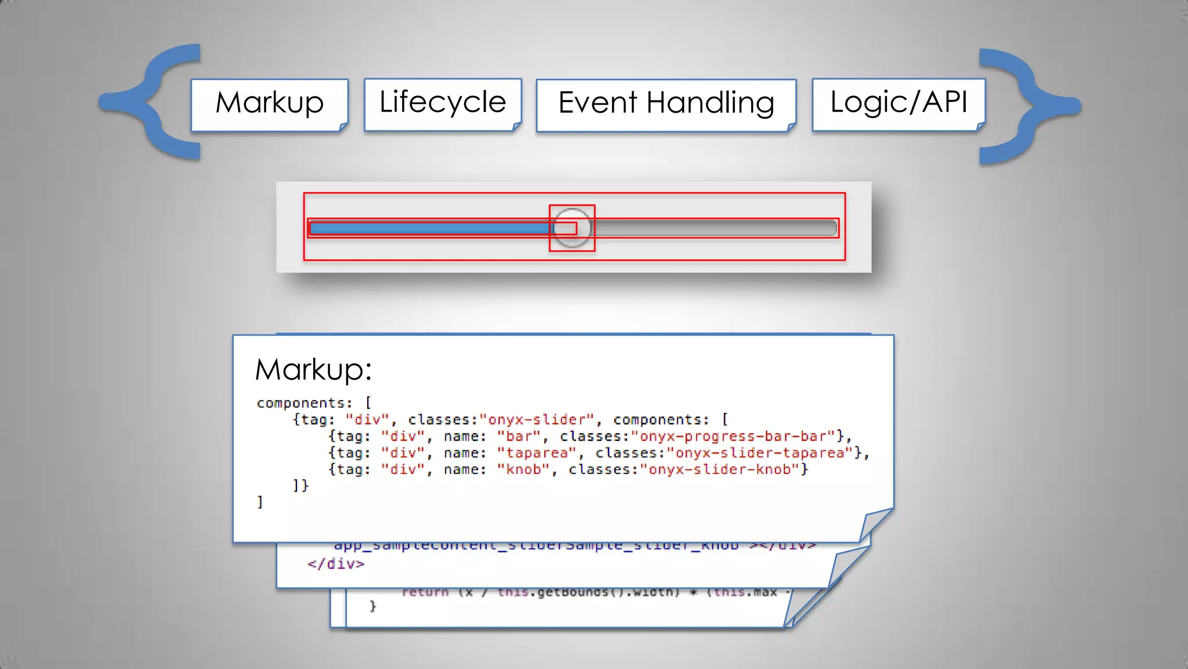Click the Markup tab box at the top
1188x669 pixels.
pos(269,103)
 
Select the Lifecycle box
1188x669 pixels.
pos(442,103)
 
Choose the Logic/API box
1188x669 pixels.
pos(898,103)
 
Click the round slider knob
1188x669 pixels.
pos(572,228)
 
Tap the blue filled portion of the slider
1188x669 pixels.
pos(429,228)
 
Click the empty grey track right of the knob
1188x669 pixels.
pos(713,228)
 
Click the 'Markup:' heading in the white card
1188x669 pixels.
pos(313,369)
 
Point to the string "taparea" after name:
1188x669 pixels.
pos(537,453)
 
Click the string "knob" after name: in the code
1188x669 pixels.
pos(523,469)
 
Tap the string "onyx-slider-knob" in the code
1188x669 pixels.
pos(719,469)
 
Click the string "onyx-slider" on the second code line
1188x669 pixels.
pos(537,419)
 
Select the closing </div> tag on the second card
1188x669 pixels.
pos(336,564)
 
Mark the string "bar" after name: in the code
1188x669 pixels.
pos(519,436)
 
